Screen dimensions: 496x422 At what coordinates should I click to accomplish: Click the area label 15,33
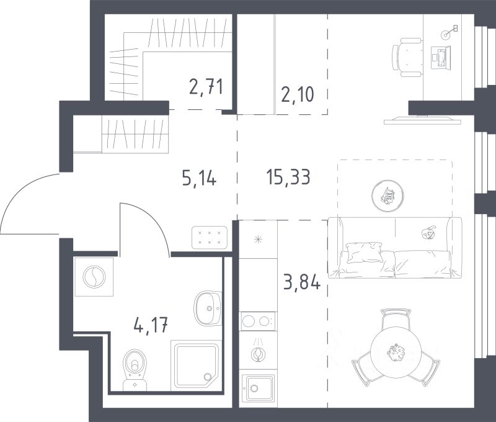[x=288, y=177]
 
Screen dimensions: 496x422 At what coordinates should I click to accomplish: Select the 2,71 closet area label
[x=206, y=86]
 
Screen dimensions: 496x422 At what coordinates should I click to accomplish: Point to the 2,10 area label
[x=298, y=94]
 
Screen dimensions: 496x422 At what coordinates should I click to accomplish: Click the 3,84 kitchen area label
[x=302, y=282]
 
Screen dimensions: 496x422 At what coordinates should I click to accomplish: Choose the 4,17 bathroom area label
[x=151, y=325]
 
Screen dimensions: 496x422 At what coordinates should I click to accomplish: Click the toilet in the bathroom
[x=135, y=370]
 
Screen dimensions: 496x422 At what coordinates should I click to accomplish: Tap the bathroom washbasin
[x=208, y=308]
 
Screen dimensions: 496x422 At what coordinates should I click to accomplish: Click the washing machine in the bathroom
[x=94, y=277]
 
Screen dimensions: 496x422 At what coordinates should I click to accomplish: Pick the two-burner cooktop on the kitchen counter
[x=258, y=321]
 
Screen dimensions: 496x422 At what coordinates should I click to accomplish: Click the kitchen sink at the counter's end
[x=258, y=388]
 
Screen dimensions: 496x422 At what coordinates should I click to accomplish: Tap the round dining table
[x=396, y=352]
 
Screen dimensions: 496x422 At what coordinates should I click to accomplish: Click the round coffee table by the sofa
[x=388, y=196]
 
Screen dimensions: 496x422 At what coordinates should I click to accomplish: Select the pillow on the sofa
[x=365, y=253]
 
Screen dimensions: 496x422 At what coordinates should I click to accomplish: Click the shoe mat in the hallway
[x=210, y=238]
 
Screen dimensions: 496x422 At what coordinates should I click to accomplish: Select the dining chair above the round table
[x=396, y=318]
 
